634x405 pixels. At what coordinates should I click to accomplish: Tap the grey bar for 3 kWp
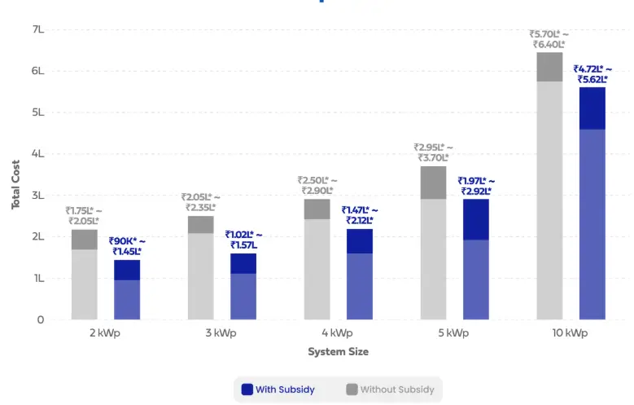[201, 268]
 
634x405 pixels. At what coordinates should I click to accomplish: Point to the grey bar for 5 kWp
[433, 244]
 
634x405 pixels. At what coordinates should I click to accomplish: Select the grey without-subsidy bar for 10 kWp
[549, 187]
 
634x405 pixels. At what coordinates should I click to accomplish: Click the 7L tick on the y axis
[37, 29]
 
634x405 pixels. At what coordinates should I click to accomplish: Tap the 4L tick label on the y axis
[37, 154]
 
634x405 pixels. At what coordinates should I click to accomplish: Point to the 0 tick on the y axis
[40, 320]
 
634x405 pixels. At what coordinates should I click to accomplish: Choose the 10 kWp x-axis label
[570, 333]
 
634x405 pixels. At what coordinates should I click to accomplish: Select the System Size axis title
[338, 352]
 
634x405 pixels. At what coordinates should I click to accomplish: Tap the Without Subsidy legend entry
[390, 390]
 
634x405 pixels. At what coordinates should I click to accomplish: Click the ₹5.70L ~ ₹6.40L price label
[549, 39]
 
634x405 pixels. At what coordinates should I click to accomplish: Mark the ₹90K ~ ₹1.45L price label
[127, 246]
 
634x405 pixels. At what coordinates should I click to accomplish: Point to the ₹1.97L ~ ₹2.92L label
[476, 186]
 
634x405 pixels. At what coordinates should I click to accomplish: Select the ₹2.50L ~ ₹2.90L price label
[317, 185]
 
